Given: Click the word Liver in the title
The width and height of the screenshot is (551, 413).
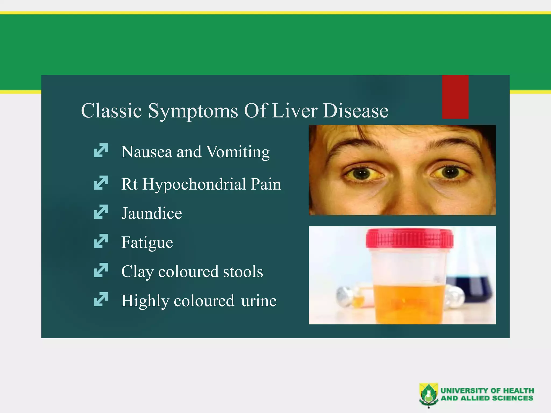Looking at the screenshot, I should coord(295,111).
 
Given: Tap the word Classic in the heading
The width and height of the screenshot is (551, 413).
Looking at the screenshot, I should coord(111,111).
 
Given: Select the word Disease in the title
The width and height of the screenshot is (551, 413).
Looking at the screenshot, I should coord(355,111).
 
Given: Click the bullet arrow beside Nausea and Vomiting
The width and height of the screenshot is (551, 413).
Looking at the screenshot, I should coord(101,150).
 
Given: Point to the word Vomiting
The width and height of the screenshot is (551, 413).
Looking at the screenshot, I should coord(238,152).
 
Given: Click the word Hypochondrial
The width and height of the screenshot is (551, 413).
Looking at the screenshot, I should coord(194,185).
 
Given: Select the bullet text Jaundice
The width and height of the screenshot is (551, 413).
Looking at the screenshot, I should coord(151,213).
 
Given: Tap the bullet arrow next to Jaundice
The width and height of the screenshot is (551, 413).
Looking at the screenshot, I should coord(101,212).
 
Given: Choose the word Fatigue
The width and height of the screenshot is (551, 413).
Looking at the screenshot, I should coord(147,243).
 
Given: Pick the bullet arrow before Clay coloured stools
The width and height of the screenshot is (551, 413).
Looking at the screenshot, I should coord(101,270).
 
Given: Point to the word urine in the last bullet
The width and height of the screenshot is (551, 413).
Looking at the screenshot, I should coord(259,301).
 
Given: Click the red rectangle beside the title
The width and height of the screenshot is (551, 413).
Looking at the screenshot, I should coord(455,97).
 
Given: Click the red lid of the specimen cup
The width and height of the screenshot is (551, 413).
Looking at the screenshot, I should coord(409,238).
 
